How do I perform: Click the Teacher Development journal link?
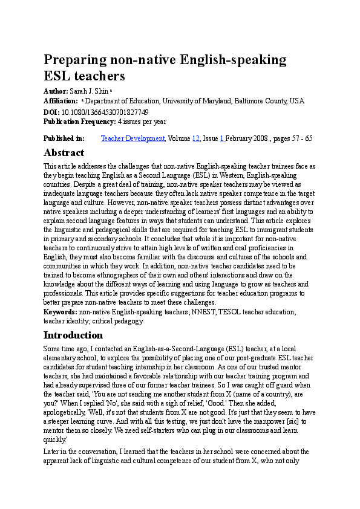click(133, 138)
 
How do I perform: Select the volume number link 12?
click(195, 138)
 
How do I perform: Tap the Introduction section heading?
click(73, 335)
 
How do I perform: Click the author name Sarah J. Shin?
click(93, 90)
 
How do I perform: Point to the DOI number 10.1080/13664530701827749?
click(105, 112)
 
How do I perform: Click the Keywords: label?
click(61, 312)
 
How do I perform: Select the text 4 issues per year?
click(142, 121)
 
